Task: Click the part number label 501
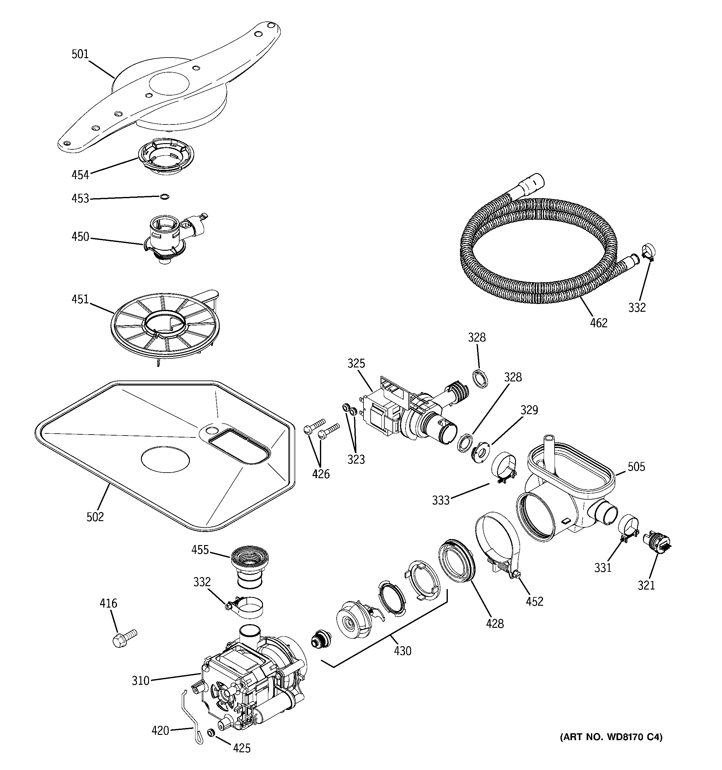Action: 80,54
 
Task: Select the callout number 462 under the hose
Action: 599,323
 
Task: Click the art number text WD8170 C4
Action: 611,737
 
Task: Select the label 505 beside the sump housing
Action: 636,467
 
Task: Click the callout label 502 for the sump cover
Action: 95,517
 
